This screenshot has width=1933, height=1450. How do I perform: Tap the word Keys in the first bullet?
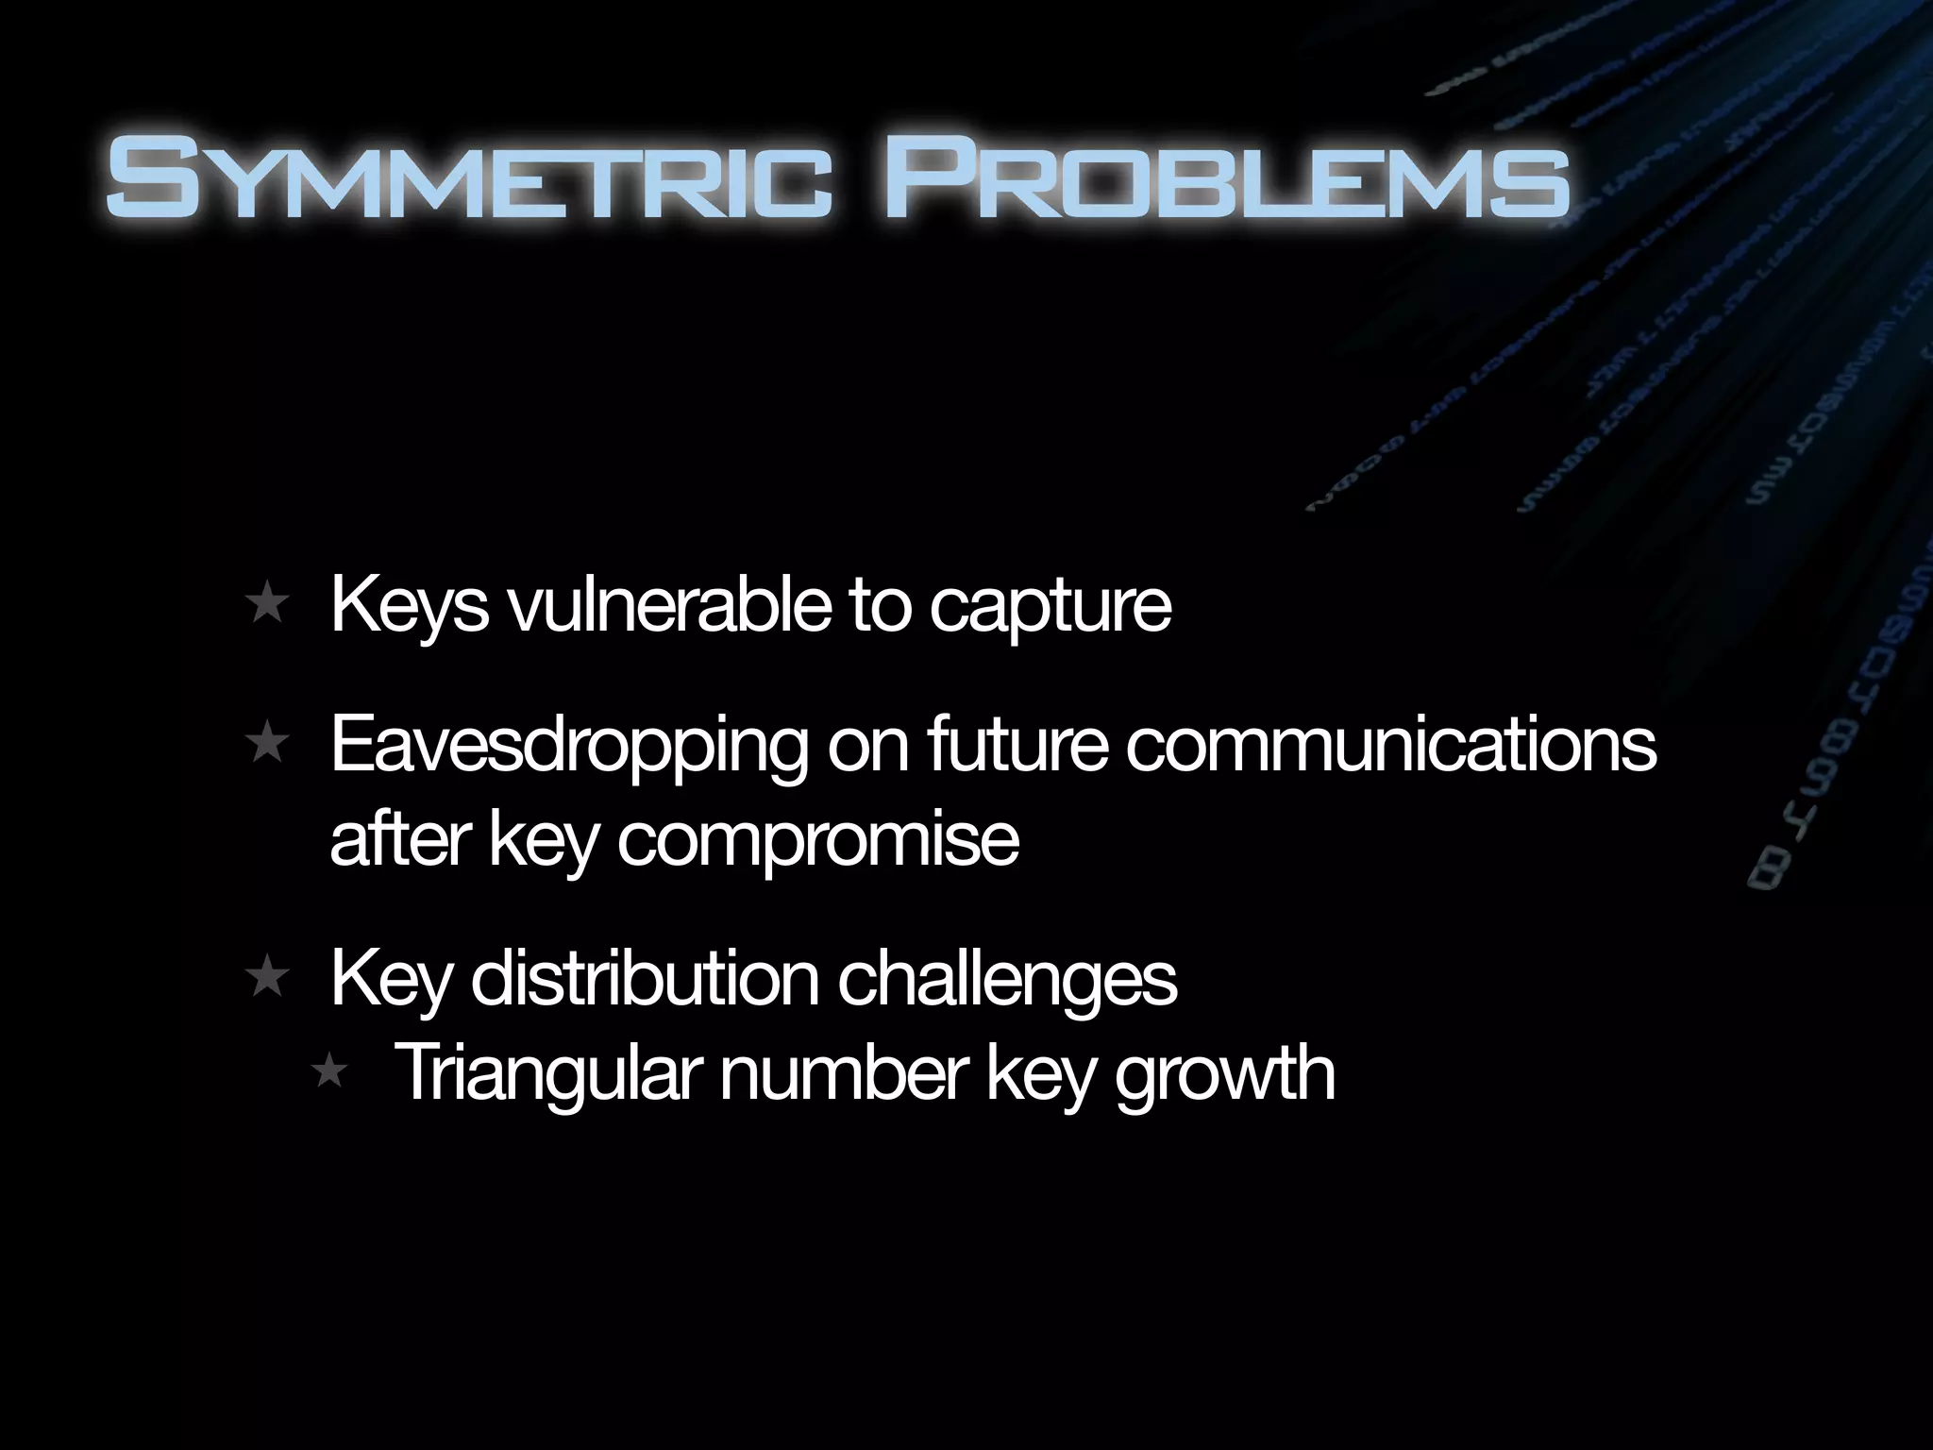(410, 606)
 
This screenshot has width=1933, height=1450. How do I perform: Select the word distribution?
(644, 979)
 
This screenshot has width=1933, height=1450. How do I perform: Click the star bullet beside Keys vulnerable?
(266, 605)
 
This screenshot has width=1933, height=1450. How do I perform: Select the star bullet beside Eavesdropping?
(266, 745)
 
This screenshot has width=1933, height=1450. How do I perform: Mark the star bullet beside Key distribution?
(266, 979)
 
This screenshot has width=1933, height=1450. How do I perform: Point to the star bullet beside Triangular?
(329, 1072)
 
